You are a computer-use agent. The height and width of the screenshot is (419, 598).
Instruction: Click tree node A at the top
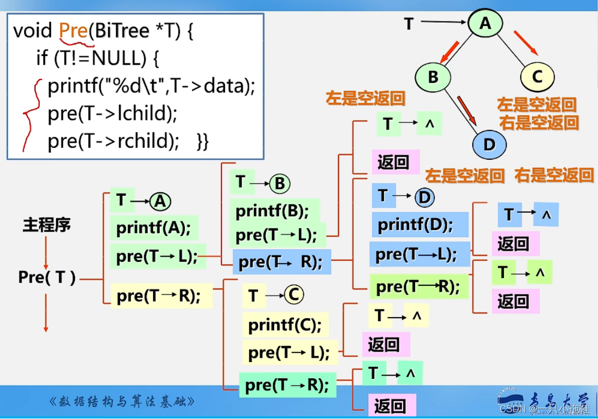pyautogui.click(x=485, y=24)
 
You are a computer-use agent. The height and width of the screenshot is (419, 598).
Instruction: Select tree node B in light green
pyautogui.click(x=433, y=77)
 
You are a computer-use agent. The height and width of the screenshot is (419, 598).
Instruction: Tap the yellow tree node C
pyautogui.click(x=537, y=77)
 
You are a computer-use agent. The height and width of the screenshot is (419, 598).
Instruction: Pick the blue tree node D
pyautogui.click(x=489, y=144)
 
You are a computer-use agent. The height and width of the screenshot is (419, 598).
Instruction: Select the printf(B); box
pyautogui.click(x=273, y=212)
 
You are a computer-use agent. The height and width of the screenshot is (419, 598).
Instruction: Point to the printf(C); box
pyautogui.click(x=285, y=325)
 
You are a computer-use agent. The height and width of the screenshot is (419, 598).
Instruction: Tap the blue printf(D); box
pyautogui.click(x=416, y=225)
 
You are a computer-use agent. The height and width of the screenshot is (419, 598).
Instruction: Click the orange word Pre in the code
pyautogui.click(x=73, y=31)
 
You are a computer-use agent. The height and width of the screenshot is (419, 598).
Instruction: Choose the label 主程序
pyautogui.click(x=46, y=225)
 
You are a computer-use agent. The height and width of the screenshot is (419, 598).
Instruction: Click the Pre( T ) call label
pyautogui.click(x=47, y=278)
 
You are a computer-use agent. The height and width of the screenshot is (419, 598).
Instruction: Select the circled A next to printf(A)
pyautogui.click(x=160, y=202)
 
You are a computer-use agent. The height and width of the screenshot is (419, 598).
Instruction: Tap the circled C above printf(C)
pyautogui.click(x=294, y=295)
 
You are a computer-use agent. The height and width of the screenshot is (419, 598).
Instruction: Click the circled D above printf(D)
pyautogui.click(x=425, y=197)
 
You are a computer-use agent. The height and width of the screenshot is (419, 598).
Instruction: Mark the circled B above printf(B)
pyautogui.click(x=280, y=183)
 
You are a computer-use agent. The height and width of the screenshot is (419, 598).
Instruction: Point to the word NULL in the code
pyautogui.click(x=118, y=58)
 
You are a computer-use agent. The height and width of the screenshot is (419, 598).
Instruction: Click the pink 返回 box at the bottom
pyautogui.click(x=391, y=406)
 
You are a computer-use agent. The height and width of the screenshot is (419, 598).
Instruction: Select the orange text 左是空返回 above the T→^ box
pyautogui.click(x=366, y=98)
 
